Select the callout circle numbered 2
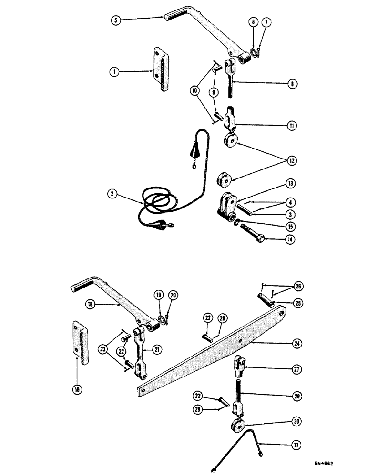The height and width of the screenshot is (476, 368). [112, 193]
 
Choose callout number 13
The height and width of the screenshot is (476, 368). [291, 183]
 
